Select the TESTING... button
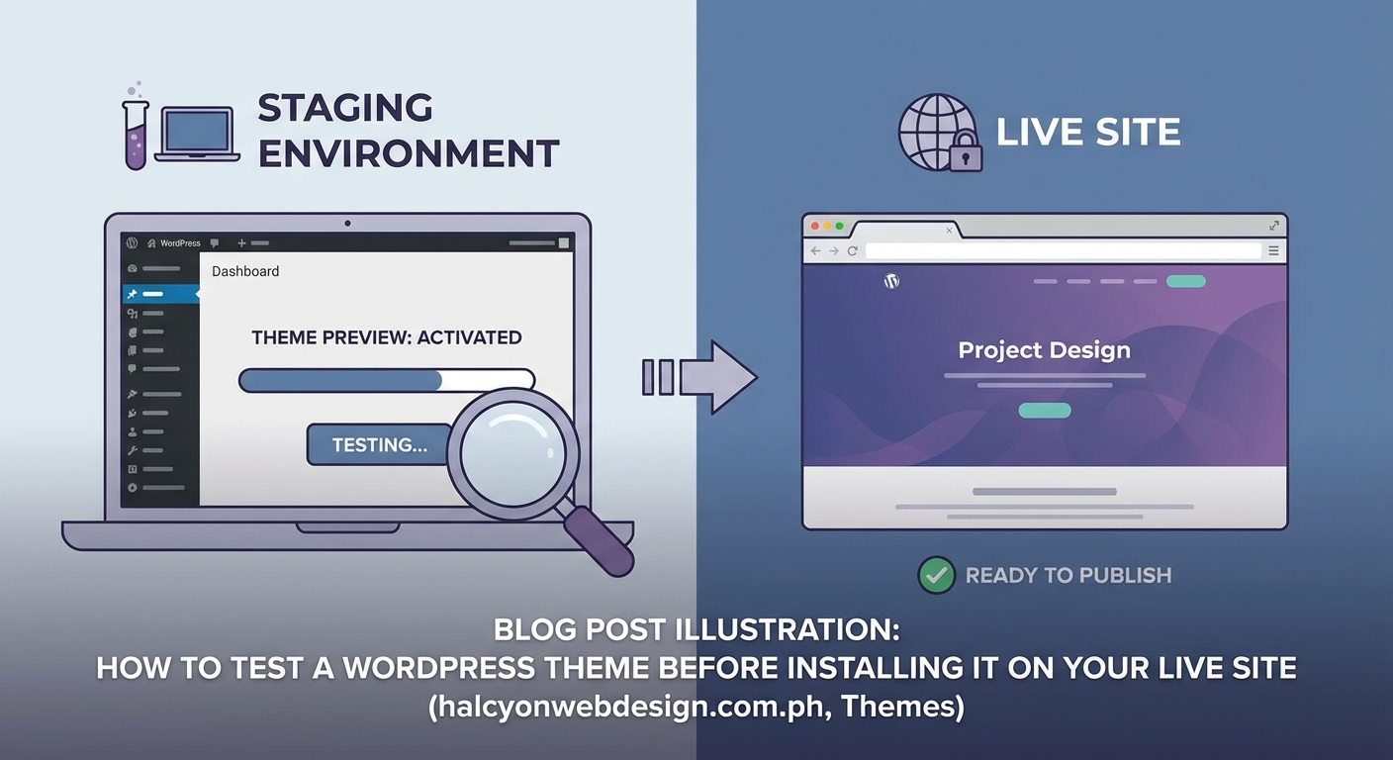click(379, 444)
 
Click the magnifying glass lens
click(512, 453)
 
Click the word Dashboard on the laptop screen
click(245, 271)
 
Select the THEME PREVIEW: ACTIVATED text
click(386, 337)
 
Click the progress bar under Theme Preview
click(386, 380)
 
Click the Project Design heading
click(1044, 350)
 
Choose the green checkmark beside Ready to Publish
click(935, 575)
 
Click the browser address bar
click(1063, 251)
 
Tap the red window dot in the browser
click(816, 227)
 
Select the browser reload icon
click(852, 251)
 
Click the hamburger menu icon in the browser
click(1274, 251)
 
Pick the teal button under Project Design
click(1044, 411)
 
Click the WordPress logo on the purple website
click(891, 281)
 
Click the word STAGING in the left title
click(345, 108)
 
